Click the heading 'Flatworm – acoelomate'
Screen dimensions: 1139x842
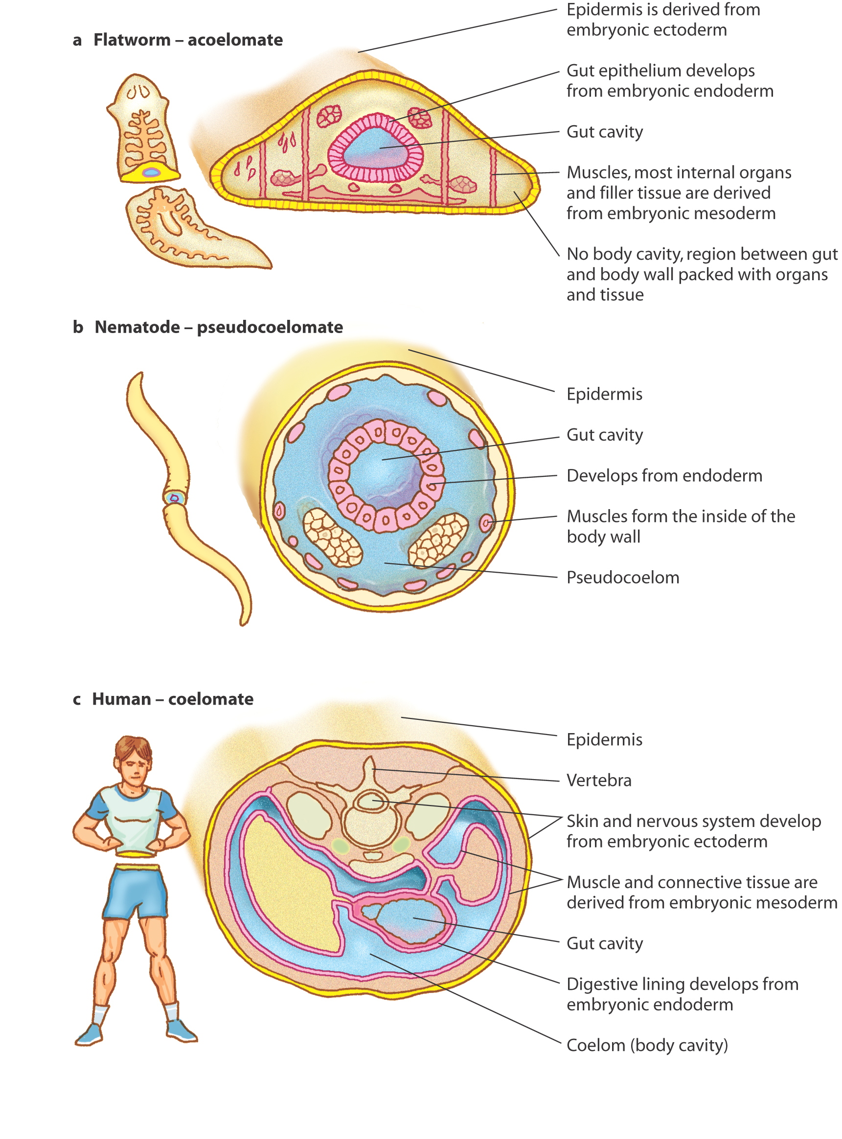(188, 40)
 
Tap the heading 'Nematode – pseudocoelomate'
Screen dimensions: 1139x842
(219, 327)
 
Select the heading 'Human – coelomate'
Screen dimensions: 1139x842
(172, 699)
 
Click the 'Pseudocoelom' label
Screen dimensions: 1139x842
(623, 578)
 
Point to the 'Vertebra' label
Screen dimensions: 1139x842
(599, 781)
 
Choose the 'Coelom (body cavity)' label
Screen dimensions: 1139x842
(647, 1045)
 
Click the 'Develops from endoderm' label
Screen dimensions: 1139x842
(664, 476)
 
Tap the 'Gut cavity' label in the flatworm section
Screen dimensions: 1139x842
(605, 132)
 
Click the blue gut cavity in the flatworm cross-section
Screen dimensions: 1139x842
(375, 147)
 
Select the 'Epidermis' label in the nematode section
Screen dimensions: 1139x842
(605, 394)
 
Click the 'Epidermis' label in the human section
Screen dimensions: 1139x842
(605, 739)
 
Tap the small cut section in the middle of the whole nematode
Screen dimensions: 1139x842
(174, 497)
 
